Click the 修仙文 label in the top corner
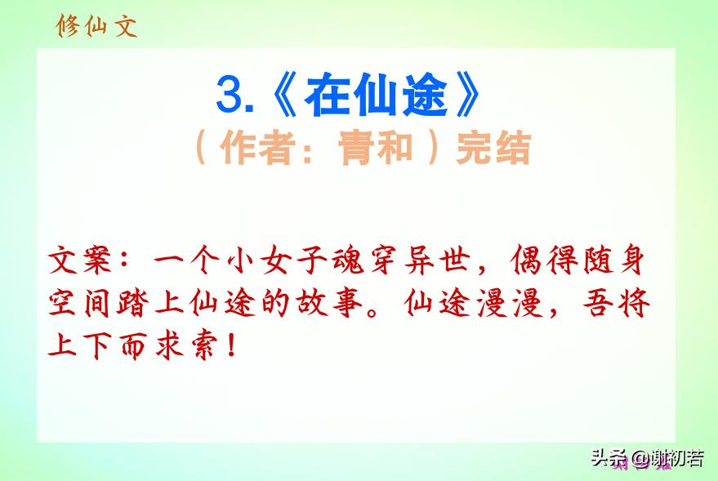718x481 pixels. [x=96, y=25]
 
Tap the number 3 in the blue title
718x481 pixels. [x=230, y=95]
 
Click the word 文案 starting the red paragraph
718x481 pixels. [x=79, y=260]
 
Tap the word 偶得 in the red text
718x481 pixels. [x=546, y=260]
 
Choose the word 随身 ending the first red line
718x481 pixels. [x=613, y=260]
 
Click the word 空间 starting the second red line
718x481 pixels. [x=79, y=302]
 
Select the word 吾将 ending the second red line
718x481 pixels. [x=617, y=302]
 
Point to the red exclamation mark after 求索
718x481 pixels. [x=232, y=345]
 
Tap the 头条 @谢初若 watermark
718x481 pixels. [x=647, y=458]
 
